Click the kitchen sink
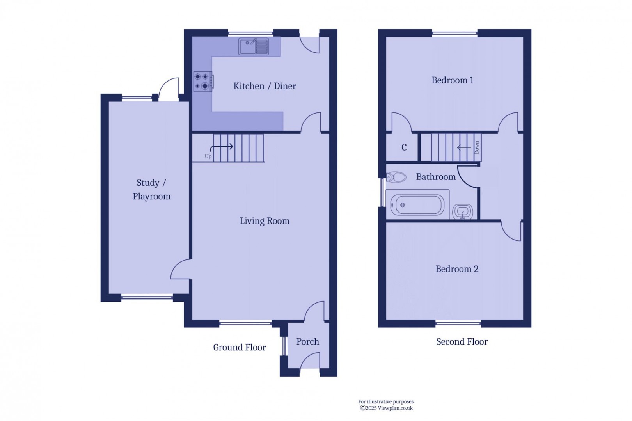coord(254,47)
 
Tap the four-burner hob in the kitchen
coord(203,82)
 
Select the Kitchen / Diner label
coord(265,86)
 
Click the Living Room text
coord(265,221)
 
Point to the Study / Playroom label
coord(151,190)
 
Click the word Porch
coord(307,342)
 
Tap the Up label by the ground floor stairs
coord(208,156)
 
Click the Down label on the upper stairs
coord(476,147)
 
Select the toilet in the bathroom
coord(396,177)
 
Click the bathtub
coord(417,205)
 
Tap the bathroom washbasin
coord(463,212)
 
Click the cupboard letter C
coord(404,147)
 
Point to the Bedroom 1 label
coord(452,80)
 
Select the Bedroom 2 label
coord(456,269)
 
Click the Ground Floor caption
coord(239,348)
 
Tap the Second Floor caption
coord(462,342)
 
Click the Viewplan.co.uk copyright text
coord(386,408)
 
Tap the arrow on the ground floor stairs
coord(222,147)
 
